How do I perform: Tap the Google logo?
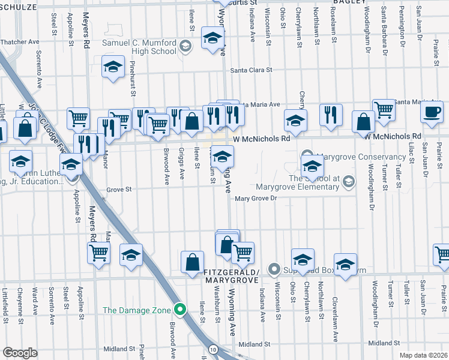[20, 352]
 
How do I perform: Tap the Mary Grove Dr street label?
[258, 199]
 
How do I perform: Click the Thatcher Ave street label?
[20, 42]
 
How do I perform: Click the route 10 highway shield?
[213, 349]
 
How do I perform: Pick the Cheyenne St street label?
[20, 303]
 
